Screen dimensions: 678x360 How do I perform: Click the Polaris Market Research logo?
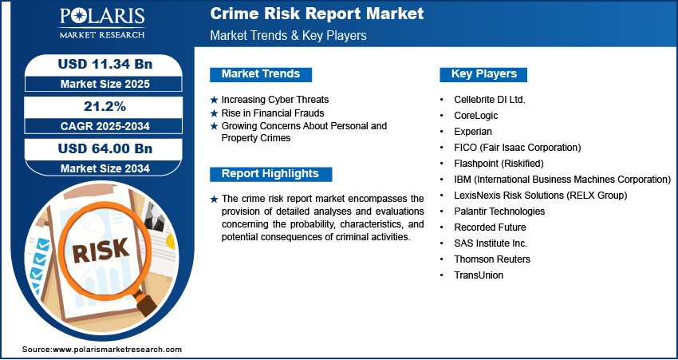(102, 22)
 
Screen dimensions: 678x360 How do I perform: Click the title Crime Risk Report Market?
(317, 14)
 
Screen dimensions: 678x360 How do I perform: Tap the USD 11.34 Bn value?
(105, 64)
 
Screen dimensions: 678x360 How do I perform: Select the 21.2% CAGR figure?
(104, 106)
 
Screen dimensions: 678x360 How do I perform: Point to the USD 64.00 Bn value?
(105, 148)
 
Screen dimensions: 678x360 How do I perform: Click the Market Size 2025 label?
(105, 84)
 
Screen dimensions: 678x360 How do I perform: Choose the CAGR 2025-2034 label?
(105, 126)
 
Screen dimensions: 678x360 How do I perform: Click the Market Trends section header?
(261, 74)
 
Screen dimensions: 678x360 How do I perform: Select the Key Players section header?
(483, 74)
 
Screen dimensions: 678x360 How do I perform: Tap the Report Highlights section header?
(270, 174)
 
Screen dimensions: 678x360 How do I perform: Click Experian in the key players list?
(473, 132)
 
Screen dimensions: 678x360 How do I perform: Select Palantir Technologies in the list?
(499, 212)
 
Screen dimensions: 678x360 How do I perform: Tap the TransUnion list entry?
(479, 275)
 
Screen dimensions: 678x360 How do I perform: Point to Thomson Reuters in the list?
(492, 259)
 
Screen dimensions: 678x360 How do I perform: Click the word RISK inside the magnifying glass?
(101, 250)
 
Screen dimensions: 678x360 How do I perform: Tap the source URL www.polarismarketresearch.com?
(117, 349)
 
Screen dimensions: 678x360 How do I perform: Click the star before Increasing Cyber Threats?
(214, 100)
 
